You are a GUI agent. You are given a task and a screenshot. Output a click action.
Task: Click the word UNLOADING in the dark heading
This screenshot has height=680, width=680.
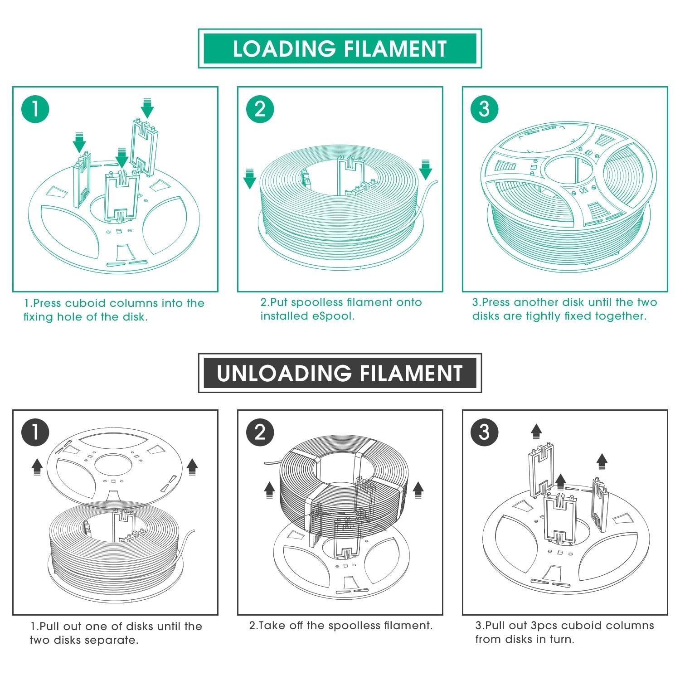(x=284, y=373)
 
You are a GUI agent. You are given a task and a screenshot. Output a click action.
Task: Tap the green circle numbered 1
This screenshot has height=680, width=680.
(x=35, y=109)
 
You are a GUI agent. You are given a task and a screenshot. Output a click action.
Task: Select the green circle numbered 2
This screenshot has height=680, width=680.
(x=260, y=109)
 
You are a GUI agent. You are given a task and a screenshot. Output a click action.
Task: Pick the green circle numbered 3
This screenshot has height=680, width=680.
(x=485, y=109)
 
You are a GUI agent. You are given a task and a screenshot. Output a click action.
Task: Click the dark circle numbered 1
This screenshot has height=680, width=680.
(x=35, y=432)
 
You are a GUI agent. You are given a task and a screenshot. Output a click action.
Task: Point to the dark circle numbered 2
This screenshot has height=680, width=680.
(x=260, y=432)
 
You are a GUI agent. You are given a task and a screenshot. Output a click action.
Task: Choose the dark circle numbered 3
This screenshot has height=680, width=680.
(x=485, y=432)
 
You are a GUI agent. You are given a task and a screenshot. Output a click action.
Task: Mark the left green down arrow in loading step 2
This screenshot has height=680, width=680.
(x=250, y=179)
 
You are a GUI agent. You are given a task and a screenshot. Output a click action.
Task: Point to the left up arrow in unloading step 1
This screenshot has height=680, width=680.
(x=37, y=465)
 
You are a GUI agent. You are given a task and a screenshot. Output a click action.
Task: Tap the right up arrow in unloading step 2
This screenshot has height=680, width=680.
(x=418, y=490)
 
